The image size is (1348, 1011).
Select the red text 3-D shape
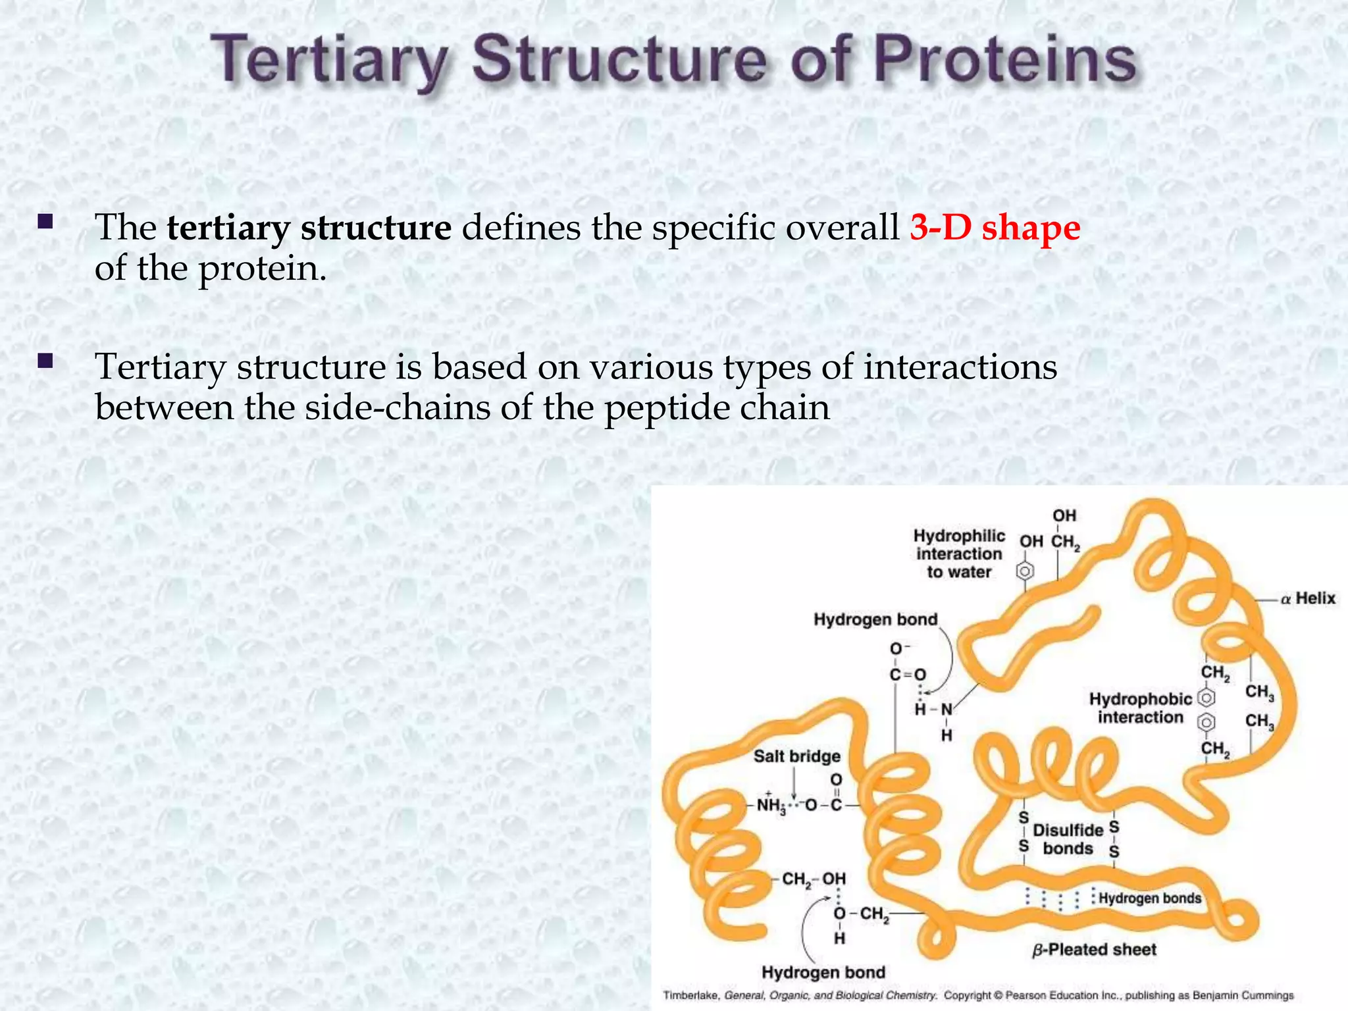995,228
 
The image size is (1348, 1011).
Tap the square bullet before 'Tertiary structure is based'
45,360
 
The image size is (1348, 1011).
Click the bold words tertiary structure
309,228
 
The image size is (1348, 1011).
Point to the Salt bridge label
796,756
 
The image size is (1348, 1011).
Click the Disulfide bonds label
1068,839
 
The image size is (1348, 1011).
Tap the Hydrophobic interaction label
1140,708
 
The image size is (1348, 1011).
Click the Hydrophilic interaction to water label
959,554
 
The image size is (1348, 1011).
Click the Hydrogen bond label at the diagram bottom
823,972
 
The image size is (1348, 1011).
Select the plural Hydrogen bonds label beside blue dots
1149,898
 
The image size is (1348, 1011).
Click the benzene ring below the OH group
1024,571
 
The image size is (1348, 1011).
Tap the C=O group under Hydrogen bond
907,675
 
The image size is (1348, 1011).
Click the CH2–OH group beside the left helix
814,879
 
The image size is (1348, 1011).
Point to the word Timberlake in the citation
690,996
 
